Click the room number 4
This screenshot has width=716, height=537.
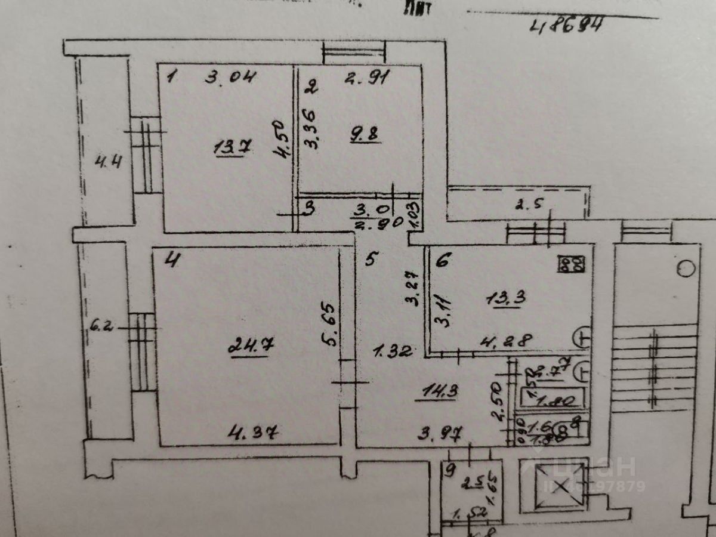tap(171, 260)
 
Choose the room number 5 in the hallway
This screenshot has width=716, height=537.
tap(371, 260)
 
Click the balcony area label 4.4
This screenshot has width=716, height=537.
tap(109, 161)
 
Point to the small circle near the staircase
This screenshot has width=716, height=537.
tap(687, 269)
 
